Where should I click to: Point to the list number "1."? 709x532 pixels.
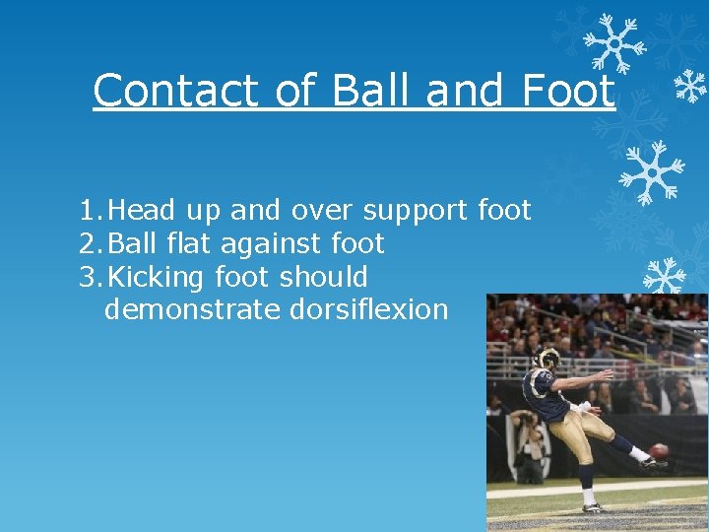coord(91,211)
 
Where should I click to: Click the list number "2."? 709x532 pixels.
coord(91,244)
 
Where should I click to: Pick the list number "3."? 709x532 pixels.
coord(91,277)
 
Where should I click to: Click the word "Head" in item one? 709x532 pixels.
coord(142,211)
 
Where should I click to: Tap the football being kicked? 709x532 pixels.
coord(659,450)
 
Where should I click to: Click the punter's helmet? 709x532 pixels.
coord(548,360)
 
